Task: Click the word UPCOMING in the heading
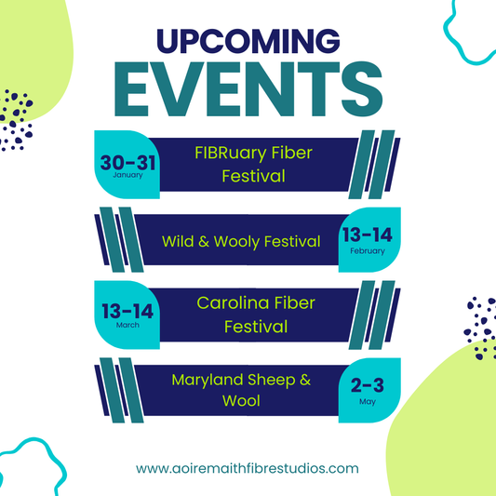tap(248, 41)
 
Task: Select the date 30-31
tap(127, 161)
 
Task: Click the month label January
tap(127, 174)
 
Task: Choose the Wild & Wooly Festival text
tap(241, 242)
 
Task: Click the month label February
tap(368, 251)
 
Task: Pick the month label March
tap(127, 325)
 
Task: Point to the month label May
tap(368, 403)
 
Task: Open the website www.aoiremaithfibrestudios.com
tap(248, 469)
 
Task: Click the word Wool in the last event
tap(241, 402)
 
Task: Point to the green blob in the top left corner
tap(28, 47)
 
